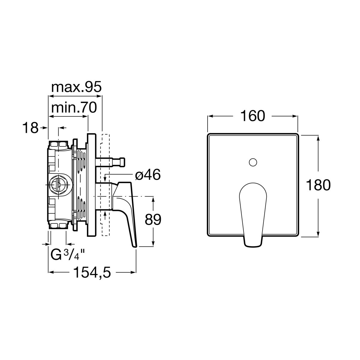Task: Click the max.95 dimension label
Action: click(76, 87)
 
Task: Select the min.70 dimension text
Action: click(74, 108)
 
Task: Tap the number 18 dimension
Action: click(31, 128)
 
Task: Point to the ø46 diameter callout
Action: click(148, 175)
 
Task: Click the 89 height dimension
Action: click(153, 219)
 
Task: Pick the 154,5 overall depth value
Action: click(92, 272)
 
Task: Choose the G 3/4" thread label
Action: click(68, 255)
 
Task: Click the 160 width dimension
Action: click(252, 116)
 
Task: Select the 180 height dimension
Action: click(318, 185)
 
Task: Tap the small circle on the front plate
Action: click(253, 162)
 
